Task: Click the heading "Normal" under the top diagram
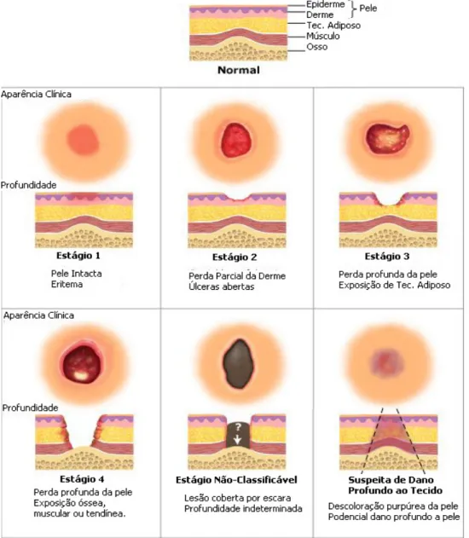click(239, 70)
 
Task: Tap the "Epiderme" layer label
click(325, 4)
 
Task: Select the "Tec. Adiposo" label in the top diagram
click(333, 26)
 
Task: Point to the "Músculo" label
click(323, 36)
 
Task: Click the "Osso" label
click(316, 47)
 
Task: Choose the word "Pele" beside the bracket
click(368, 9)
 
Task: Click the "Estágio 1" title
click(78, 256)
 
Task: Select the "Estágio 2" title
click(234, 257)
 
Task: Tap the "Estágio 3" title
click(387, 257)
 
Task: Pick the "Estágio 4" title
click(82, 479)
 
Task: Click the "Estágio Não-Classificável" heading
click(236, 480)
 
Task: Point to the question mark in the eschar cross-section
click(238, 427)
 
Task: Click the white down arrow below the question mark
click(238, 439)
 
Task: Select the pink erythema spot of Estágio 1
click(84, 140)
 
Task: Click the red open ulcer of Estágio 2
click(235, 140)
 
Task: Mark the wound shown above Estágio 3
click(387, 138)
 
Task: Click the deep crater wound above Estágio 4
click(82, 364)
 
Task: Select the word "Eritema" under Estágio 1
click(67, 285)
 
